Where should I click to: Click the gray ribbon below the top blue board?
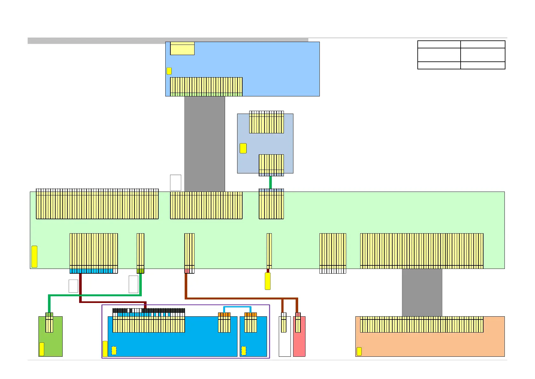(204, 143)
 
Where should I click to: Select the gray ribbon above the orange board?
(422, 292)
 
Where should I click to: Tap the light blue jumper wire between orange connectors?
(237, 307)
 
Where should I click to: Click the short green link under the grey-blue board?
(271, 182)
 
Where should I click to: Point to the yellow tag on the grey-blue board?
(243, 148)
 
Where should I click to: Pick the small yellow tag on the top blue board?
(169, 71)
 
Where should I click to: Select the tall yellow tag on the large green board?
(34, 256)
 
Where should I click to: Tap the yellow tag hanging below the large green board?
(268, 281)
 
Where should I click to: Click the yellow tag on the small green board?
(42, 349)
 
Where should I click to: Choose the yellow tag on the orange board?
(359, 351)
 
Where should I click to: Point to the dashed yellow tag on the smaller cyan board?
(244, 351)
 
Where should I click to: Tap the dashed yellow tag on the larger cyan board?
(114, 351)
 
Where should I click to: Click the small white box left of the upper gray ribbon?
(175, 183)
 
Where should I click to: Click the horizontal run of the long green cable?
(95, 295)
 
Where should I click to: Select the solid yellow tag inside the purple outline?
(105, 349)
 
